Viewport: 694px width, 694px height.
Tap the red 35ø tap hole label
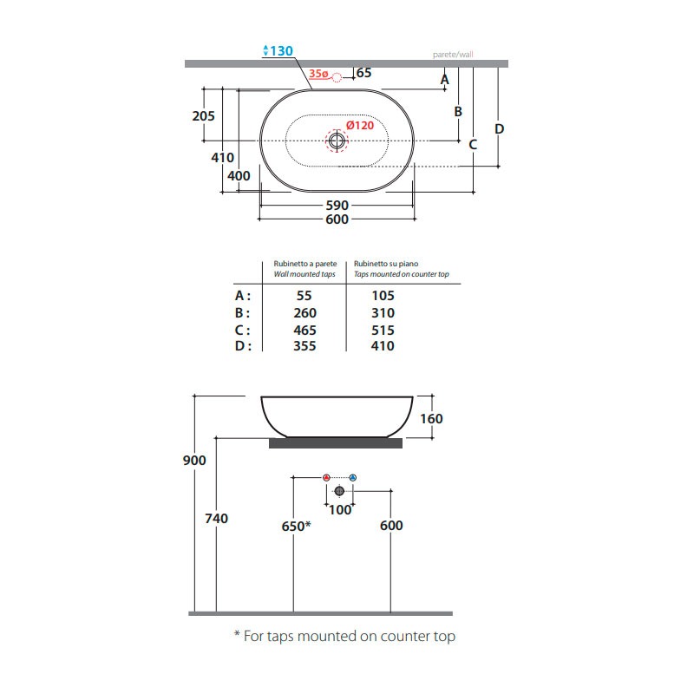[318, 74]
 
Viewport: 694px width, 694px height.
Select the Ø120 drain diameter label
[360, 125]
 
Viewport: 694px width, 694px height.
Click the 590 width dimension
[337, 206]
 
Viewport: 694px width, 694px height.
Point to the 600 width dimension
[337, 219]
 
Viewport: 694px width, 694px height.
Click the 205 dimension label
[203, 116]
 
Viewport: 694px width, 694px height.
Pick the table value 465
[305, 331]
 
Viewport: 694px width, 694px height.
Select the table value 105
[383, 295]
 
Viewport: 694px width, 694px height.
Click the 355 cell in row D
[305, 345]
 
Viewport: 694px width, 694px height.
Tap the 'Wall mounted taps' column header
[304, 274]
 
